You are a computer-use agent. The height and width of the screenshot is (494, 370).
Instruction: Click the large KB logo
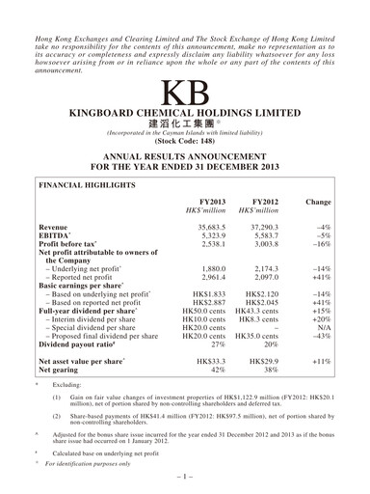coord(184,96)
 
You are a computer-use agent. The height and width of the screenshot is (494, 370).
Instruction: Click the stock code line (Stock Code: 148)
coord(184,140)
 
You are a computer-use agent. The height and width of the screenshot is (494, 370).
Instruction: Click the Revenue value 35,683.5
coord(211,227)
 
